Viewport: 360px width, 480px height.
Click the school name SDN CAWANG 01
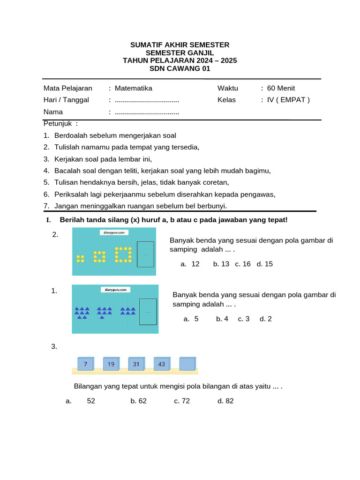(x=180, y=68)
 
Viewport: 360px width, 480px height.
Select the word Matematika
(x=133, y=88)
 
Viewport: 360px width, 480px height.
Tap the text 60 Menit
(x=281, y=88)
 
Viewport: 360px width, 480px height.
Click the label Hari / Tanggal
(x=66, y=100)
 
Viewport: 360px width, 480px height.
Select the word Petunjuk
(x=58, y=124)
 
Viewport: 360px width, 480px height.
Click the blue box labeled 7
(x=85, y=364)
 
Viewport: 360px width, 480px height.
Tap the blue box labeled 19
(x=111, y=364)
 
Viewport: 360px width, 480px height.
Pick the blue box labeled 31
(x=136, y=364)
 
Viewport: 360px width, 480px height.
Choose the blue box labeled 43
(x=162, y=364)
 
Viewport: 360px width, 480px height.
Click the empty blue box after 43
(x=187, y=364)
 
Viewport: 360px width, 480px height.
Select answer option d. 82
(x=225, y=401)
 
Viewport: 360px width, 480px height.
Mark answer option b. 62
(x=139, y=401)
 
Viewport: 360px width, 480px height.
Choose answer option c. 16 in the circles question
(x=243, y=264)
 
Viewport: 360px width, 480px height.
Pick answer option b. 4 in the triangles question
(x=222, y=319)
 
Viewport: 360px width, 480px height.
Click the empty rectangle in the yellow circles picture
(x=145, y=255)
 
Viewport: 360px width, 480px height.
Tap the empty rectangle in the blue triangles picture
(x=148, y=312)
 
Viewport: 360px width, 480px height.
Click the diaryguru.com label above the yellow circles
(x=114, y=232)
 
